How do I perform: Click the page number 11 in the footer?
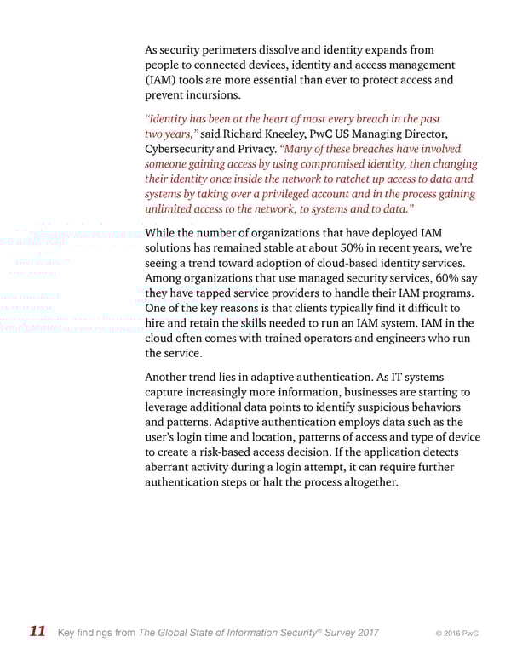pyautogui.click(x=37, y=632)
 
